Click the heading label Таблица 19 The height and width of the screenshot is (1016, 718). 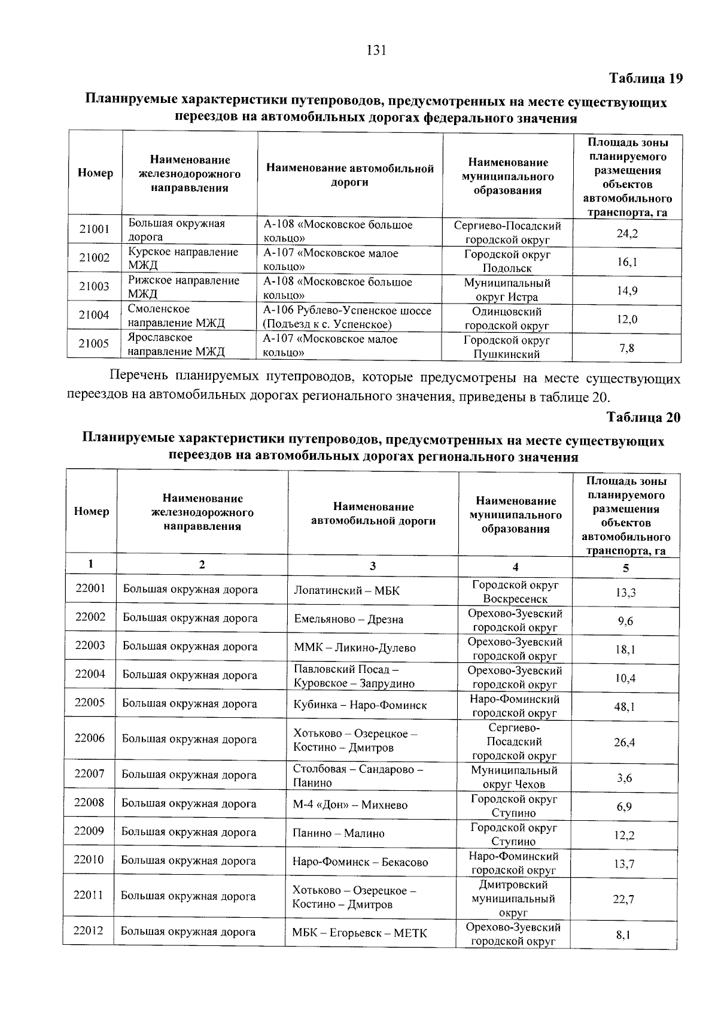(645, 78)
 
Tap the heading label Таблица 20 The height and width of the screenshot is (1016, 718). (643, 417)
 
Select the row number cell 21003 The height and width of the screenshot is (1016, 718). (95, 287)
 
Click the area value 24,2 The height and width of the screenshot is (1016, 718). (627, 233)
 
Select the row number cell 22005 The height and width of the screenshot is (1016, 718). (90, 702)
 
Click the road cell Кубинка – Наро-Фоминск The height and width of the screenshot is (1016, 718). (360, 705)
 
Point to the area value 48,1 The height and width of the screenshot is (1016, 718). (625, 707)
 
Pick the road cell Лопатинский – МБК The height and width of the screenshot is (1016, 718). (346, 591)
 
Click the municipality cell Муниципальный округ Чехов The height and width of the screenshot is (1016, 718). (514, 777)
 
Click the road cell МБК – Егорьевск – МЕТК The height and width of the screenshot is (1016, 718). (360, 933)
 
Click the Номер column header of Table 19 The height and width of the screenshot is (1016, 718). (95, 174)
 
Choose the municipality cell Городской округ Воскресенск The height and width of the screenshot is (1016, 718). (515, 592)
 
